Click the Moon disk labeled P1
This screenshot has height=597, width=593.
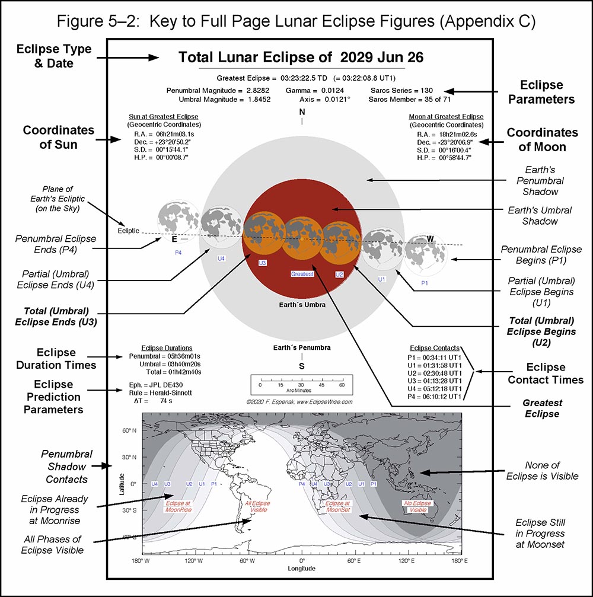click(x=425, y=255)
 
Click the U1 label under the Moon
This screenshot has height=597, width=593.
click(x=382, y=279)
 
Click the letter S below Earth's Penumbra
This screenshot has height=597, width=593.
click(x=302, y=366)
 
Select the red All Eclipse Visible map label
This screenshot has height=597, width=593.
click(x=257, y=506)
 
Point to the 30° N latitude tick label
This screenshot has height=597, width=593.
click(x=129, y=457)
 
